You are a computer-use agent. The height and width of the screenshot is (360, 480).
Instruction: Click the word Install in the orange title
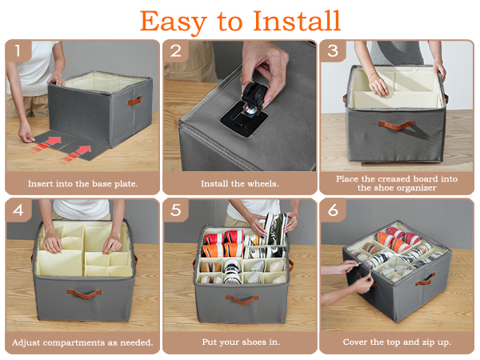pyautogui.click(x=297, y=21)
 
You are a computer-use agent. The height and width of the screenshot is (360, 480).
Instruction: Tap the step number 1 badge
pyautogui.click(x=18, y=50)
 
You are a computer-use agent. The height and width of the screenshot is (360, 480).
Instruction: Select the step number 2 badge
pyautogui.click(x=175, y=50)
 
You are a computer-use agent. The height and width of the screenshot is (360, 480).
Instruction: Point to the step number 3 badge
pyautogui.click(x=333, y=50)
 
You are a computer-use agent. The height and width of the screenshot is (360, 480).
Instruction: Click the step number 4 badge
pyautogui.click(x=18, y=210)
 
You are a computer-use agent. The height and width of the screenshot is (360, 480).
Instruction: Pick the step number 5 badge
pyautogui.click(x=175, y=210)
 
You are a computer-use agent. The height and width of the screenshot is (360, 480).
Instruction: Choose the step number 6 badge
pyautogui.click(x=333, y=210)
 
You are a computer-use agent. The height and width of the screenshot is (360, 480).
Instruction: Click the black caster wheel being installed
pyautogui.click(x=255, y=97)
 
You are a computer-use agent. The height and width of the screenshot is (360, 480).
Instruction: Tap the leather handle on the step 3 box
pyautogui.click(x=396, y=126)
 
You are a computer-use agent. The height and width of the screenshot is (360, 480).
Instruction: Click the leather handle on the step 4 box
pyautogui.click(x=85, y=294)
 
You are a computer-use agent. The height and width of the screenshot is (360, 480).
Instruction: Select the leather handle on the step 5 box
pyautogui.click(x=242, y=300)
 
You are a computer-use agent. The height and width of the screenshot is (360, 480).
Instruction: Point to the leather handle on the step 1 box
pyautogui.click(x=134, y=101)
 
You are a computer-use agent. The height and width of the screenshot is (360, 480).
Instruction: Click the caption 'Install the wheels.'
pyautogui.click(x=240, y=184)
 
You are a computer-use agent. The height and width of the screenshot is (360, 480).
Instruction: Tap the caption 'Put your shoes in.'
pyautogui.click(x=241, y=342)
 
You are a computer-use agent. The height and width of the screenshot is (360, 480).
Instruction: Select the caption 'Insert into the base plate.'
pyautogui.click(x=83, y=184)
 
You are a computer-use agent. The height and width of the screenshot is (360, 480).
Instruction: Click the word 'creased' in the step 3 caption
pyautogui.click(x=393, y=178)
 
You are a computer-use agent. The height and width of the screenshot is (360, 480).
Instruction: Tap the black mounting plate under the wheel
pyautogui.click(x=244, y=120)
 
